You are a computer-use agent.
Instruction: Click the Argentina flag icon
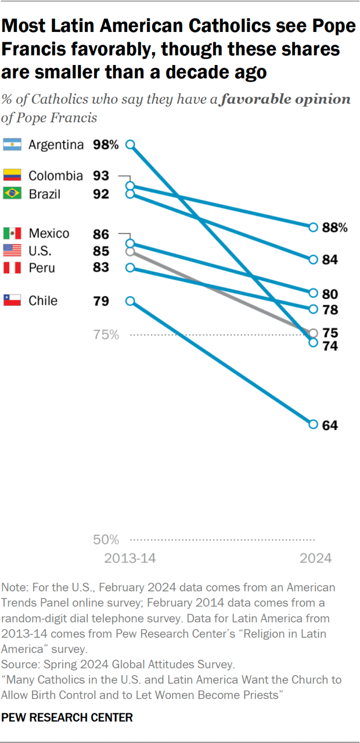12,145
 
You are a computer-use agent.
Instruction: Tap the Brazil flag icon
12,194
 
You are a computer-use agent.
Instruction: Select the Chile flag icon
12,301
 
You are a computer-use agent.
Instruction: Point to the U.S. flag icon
12,251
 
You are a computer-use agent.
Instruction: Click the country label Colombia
56,176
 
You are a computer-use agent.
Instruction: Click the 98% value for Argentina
105,145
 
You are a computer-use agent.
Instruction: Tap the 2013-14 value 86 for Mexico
101,233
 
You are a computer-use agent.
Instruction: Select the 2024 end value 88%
334,228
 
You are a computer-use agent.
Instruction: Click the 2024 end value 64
330,425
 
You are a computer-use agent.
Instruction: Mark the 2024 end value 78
330,310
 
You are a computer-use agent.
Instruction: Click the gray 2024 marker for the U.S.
314,333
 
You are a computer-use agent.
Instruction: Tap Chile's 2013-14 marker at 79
131,301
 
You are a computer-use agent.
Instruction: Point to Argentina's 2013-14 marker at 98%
131,145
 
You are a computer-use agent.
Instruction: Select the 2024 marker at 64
314,424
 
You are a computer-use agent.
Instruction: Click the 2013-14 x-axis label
130,558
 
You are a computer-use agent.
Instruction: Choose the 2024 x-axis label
315,558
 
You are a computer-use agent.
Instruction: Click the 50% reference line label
106,540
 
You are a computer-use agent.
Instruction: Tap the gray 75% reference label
106,335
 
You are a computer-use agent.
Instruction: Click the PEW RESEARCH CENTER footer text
67,717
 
